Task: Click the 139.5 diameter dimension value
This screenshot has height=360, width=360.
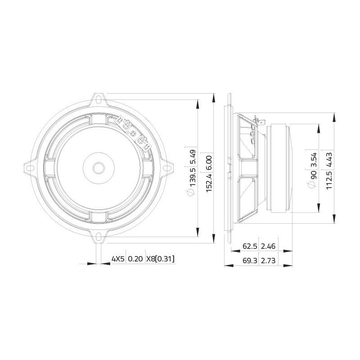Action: click(192, 178)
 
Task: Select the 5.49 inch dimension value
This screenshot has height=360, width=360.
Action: click(192, 156)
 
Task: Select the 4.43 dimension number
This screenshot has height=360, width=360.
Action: click(329, 159)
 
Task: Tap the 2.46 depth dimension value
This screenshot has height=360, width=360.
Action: click(268, 246)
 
